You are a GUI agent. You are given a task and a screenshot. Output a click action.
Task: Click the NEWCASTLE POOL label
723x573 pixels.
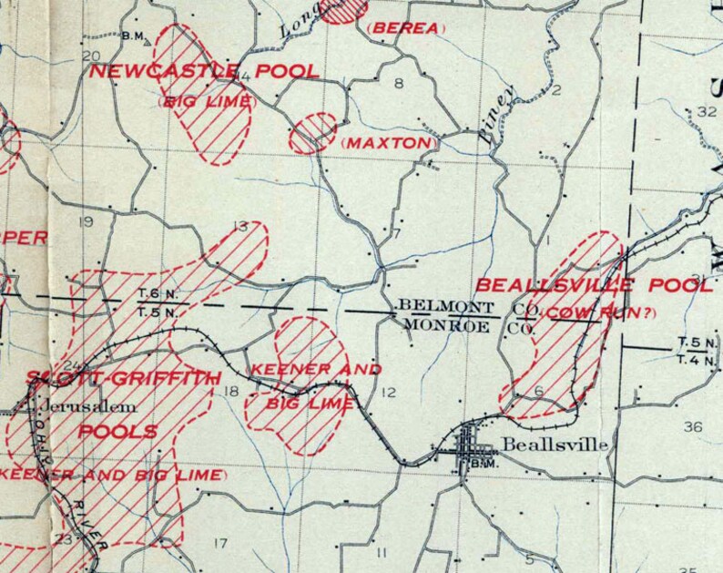(x=203, y=72)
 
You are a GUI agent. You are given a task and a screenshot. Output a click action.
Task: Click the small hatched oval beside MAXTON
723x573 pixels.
(x=312, y=134)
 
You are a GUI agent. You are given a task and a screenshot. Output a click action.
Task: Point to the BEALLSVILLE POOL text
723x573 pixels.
(x=595, y=285)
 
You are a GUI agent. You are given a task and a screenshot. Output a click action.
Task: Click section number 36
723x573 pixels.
(x=692, y=427)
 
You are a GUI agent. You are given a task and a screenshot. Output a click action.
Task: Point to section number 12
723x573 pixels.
(x=389, y=393)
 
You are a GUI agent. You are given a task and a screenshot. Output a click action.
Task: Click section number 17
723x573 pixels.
(x=219, y=544)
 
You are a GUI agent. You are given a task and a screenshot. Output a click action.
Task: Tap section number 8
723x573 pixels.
(x=397, y=84)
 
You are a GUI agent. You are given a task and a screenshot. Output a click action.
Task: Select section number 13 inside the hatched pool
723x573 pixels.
(x=240, y=226)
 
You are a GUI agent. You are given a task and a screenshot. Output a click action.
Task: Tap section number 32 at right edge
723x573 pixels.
(x=707, y=111)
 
